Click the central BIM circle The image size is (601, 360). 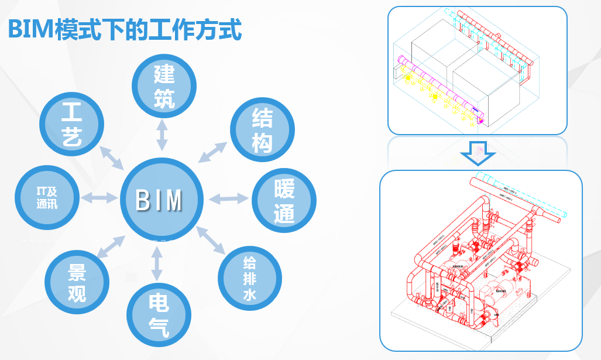coord(160,199)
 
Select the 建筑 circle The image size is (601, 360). coord(164,87)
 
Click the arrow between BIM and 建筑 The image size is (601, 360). coord(162,135)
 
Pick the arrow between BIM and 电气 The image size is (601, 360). coord(156,263)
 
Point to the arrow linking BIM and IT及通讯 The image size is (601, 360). coord(100,197)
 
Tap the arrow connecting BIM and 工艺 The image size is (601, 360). coord(111,156)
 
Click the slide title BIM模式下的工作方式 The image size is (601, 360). coord(125,29)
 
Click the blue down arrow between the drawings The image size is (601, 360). coord(478,153)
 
